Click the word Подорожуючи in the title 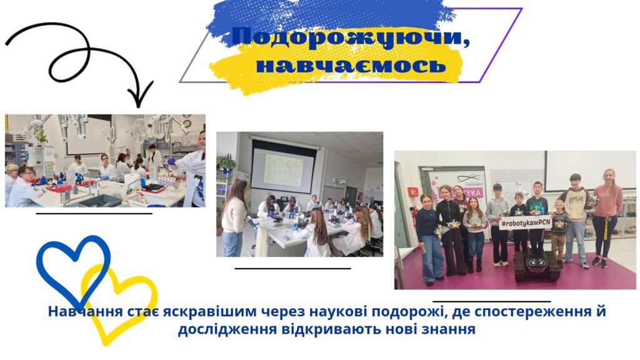[x=350, y=37]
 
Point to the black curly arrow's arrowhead [x=140, y=95]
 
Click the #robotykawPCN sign [x=526, y=223]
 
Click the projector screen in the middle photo [x=284, y=166]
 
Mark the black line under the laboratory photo [x=94, y=213]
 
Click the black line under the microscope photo [x=293, y=268]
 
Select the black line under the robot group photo [x=491, y=301]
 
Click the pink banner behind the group [x=457, y=192]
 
